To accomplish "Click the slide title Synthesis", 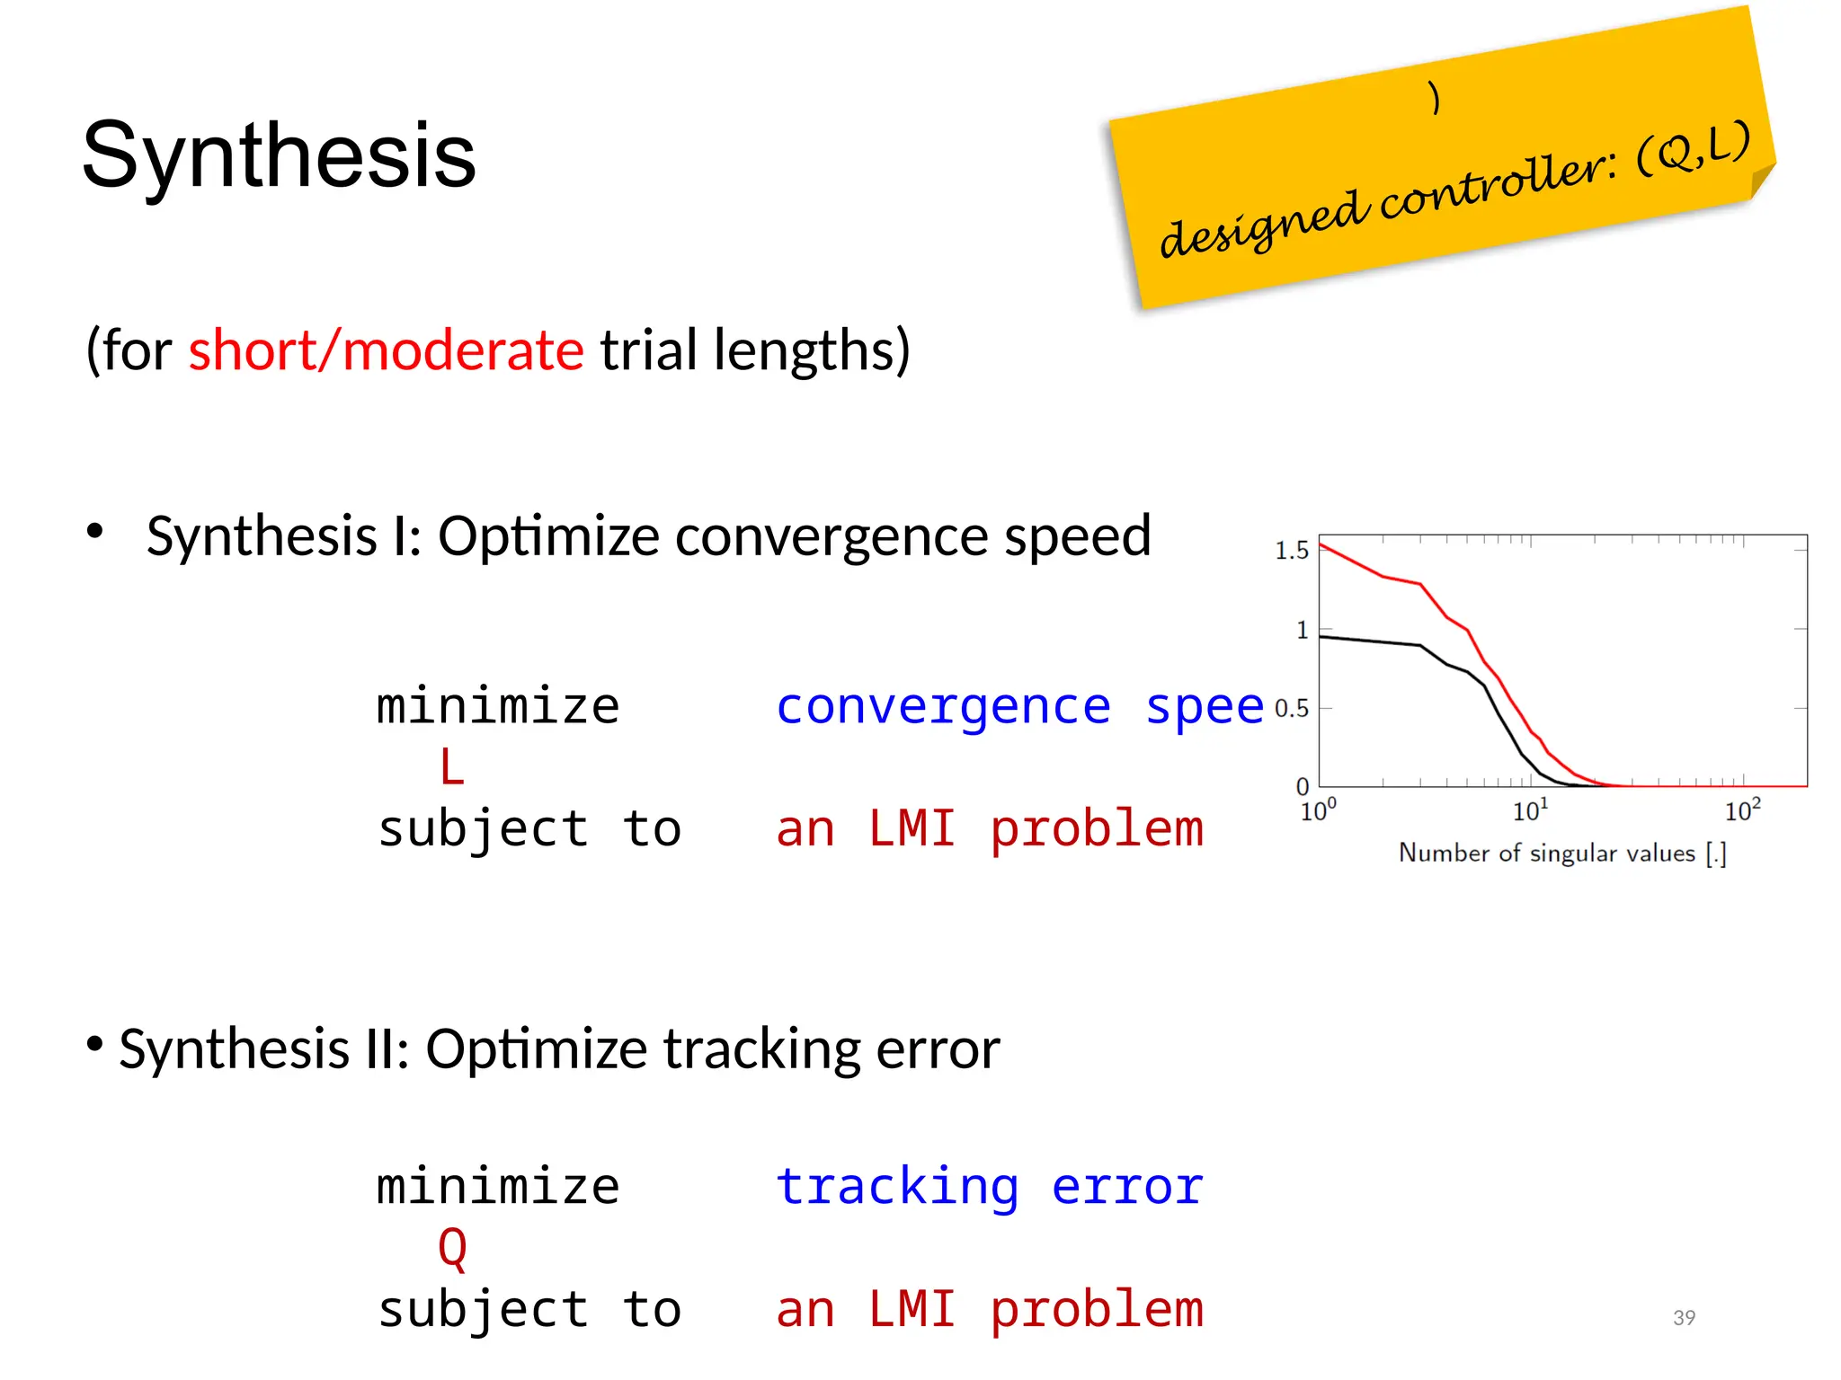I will [279, 155].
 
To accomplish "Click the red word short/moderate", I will [386, 349].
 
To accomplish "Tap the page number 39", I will [1684, 1317].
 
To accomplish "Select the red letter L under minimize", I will [451, 767].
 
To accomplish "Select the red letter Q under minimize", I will [451, 1248].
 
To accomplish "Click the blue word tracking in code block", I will [897, 1187].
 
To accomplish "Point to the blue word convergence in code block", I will [943, 706].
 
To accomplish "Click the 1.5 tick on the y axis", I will [1291, 551].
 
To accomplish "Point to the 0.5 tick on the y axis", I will [1291, 709].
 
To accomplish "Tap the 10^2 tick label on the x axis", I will [1741, 811].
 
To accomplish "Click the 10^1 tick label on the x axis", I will [1529, 811].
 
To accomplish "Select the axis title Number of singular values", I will [1561, 853].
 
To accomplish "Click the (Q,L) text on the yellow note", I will [1693, 148].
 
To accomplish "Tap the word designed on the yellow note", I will [1263, 222].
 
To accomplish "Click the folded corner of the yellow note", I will [1762, 180].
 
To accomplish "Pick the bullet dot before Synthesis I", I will [95, 531].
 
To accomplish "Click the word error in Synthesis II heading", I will [938, 1048].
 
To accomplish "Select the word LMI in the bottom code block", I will [911, 1309].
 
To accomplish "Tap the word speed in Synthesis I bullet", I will [1077, 536].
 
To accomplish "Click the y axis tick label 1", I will [1301, 630].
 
